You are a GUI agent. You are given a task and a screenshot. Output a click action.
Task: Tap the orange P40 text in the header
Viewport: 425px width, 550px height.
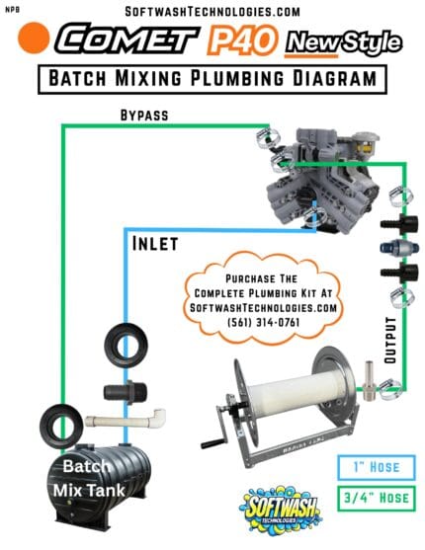(x=235, y=40)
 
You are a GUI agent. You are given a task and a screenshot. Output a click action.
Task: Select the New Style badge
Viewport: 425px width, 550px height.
(x=343, y=41)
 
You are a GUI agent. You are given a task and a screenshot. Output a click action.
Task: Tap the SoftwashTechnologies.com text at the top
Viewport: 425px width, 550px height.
(x=212, y=12)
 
